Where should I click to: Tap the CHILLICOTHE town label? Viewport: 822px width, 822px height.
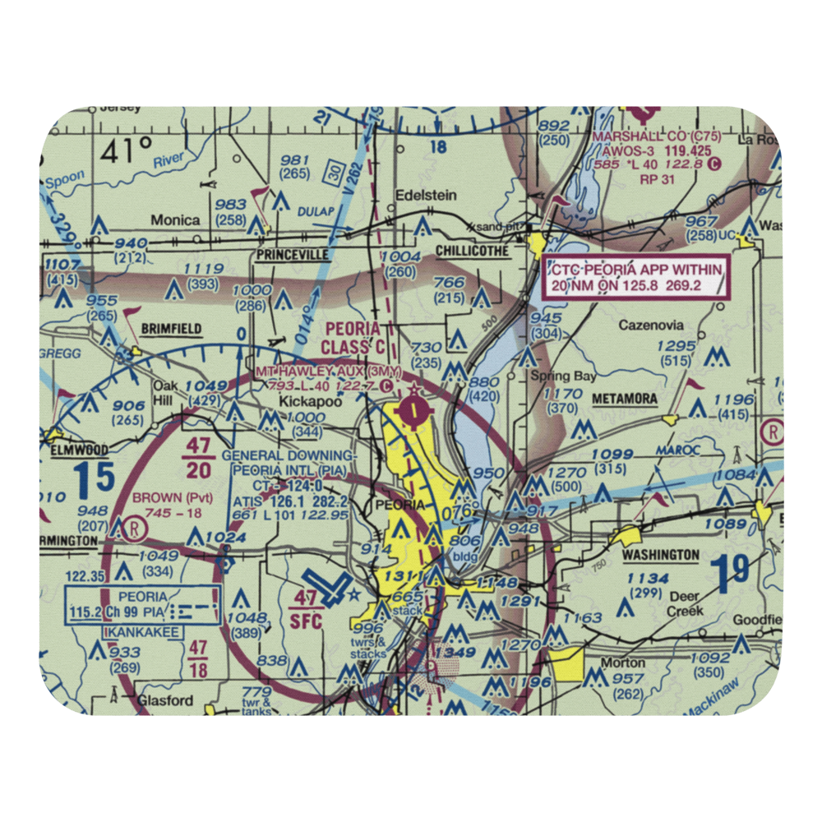coord(472,251)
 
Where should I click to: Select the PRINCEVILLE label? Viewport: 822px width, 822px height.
coord(291,255)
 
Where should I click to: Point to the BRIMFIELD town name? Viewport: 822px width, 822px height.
coord(171,329)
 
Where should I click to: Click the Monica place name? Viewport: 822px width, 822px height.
coord(174,220)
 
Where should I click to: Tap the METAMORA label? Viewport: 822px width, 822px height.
coord(625,399)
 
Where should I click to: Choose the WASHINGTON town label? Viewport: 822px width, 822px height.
coord(661,555)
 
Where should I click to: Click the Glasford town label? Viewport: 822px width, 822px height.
coord(165,700)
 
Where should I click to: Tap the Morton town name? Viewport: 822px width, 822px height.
coord(622,663)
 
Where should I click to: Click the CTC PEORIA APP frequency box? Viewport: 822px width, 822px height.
coord(637,277)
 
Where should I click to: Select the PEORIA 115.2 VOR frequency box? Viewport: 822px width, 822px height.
coord(142,605)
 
